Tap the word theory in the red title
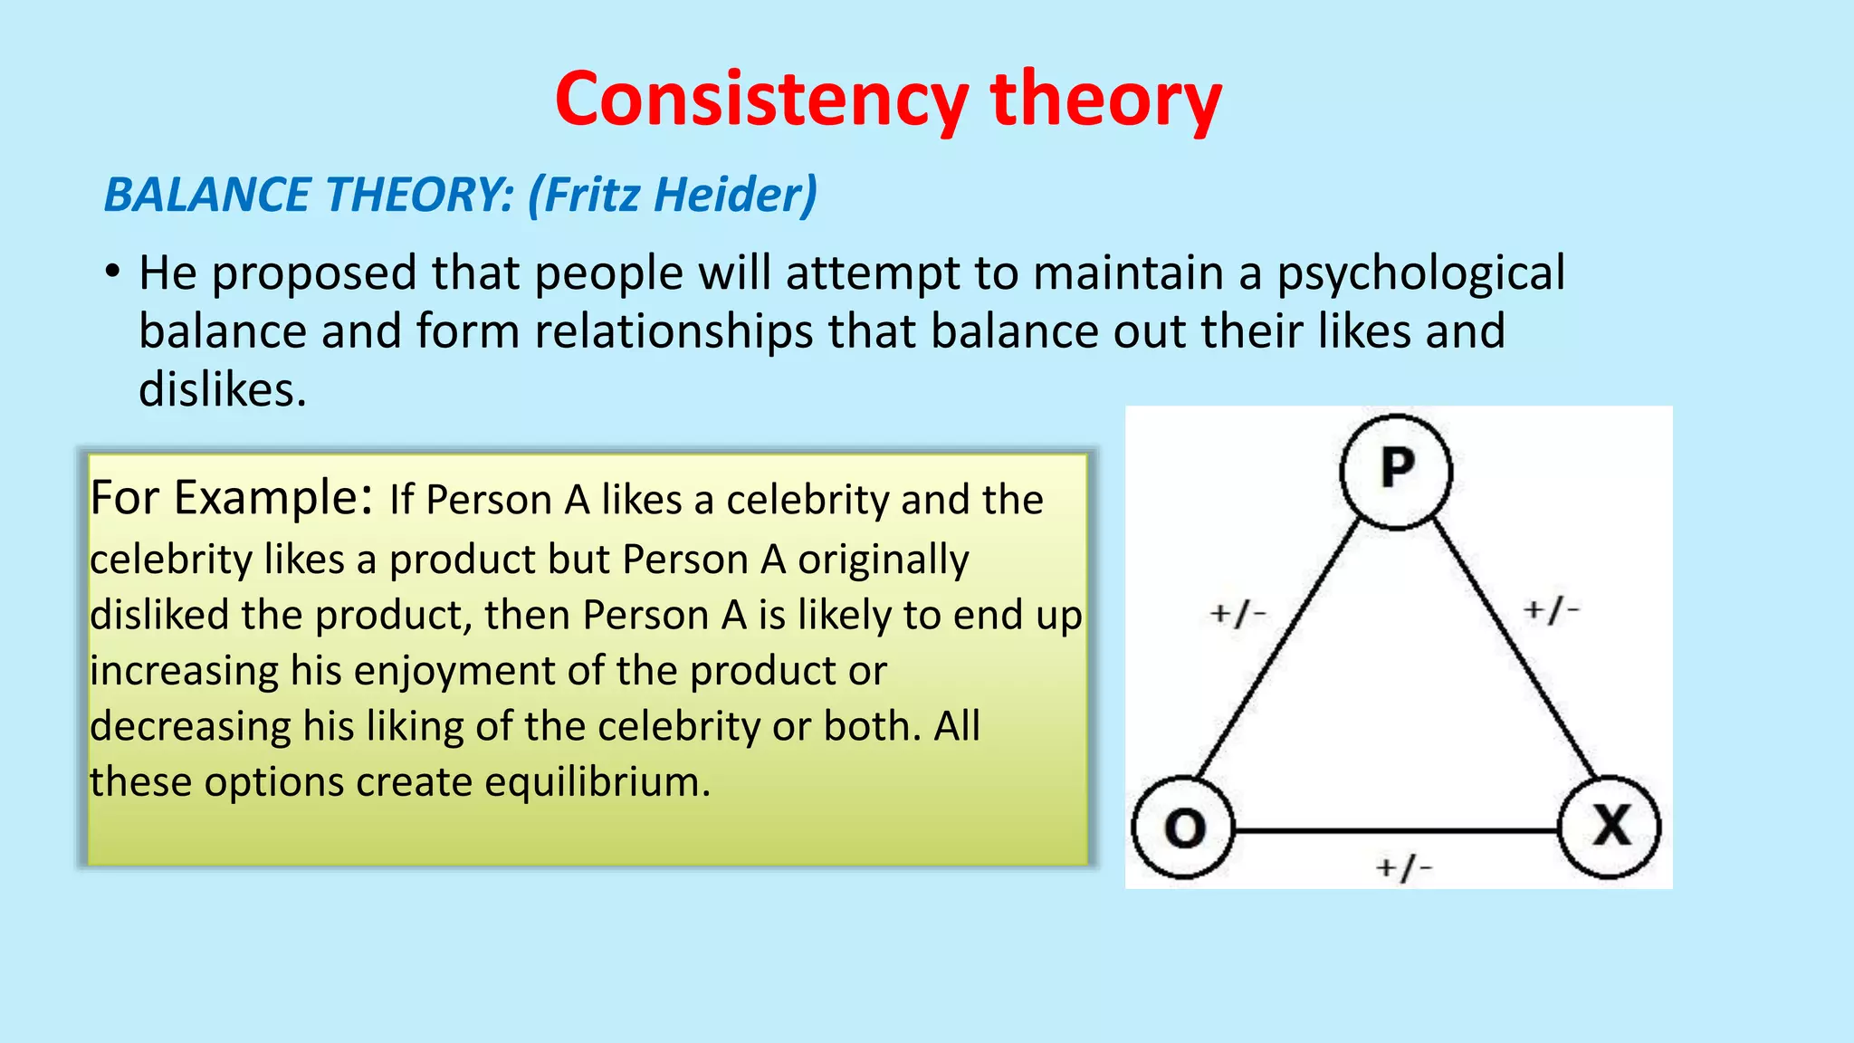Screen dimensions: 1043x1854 pyautogui.click(x=1105, y=100)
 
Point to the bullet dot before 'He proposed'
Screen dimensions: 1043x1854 pyautogui.click(x=112, y=272)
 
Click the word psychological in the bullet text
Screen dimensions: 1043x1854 pyautogui.click(x=1420, y=273)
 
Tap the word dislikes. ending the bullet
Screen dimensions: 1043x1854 pyautogui.click(x=223, y=390)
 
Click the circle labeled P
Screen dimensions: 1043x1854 pyautogui.click(x=1396, y=471)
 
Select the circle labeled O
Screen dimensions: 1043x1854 pyautogui.click(x=1183, y=828)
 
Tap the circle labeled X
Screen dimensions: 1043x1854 pyautogui.click(x=1610, y=826)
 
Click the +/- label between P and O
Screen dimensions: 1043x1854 pyautogui.click(x=1238, y=614)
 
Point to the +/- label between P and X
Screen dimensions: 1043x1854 pyautogui.click(x=1551, y=610)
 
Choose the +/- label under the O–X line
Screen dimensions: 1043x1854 pyautogui.click(x=1403, y=868)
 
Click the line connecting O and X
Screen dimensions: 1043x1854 pyautogui.click(x=1394, y=829)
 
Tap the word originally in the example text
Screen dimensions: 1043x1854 pyautogui.click(x=883, y=560)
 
